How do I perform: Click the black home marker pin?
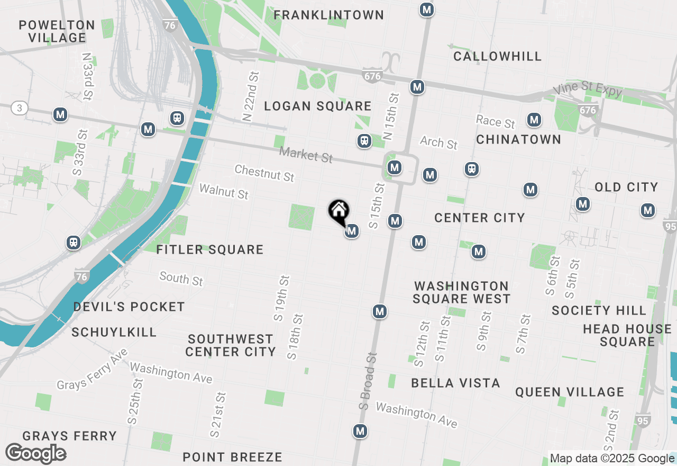pyautogui.click(x=338, y=212)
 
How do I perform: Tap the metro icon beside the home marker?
pyautogui.click(x=352, y=231)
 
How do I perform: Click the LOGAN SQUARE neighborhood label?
pyautogui.click(x=317, y=106)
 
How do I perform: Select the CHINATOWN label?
pyautogui.click(x=518, y=139)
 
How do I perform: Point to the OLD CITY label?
pyautogui.click(x=626, y=187)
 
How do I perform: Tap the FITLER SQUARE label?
pyautogui.click(x=210, y=249)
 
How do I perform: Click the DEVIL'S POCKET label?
pyautogui.click(x=129, y=307)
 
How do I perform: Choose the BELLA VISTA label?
pyautogui.click(x=455, y=383)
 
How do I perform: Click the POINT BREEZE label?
pyautogui.click(x=232, y=457)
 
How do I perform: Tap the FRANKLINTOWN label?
pyautogui.click(x=328, y=15)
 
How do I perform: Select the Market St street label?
pyautogui.click(x=306, y=155)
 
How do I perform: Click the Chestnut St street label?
pyautogui.click(x=264, y=173)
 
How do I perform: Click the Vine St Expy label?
pyautogui.click(x=588, y=91)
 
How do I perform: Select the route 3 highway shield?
pyautogui.click(x=20, y=108)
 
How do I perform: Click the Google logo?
pyautogui.click(x=35, y=453)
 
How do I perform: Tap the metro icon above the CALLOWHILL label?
pyautogui.click(x=427, y=10)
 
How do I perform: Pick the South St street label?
pyautogui.click(x=181, y=278)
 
